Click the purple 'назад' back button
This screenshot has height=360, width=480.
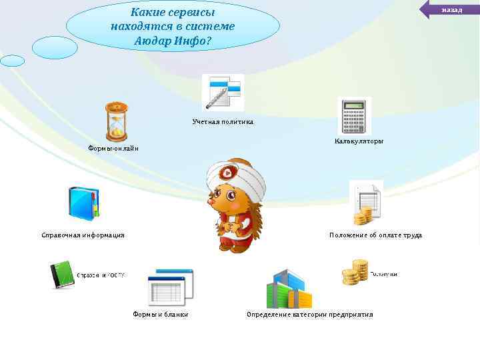point(451,9)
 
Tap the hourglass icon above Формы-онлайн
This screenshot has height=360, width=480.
point(117,122)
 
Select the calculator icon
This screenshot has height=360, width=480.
point(353,116)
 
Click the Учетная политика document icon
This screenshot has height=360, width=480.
point(223,93)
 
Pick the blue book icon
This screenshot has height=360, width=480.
point(83,203)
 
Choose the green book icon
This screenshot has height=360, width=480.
point(63,275)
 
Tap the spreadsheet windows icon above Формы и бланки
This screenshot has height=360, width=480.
point(170,287)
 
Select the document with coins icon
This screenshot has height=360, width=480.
point(366,203)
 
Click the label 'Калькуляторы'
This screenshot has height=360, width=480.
point(359,141)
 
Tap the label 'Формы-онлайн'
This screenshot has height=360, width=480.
point(113,148)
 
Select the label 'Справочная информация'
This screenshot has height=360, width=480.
point(83,235)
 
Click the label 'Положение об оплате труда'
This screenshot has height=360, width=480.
point(375,235)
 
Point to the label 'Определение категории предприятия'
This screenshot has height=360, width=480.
point(309,314)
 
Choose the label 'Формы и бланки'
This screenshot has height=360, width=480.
point(160,314)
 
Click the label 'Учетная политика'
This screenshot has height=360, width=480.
point(223,122)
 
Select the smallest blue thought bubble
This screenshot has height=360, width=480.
point(12,61)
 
